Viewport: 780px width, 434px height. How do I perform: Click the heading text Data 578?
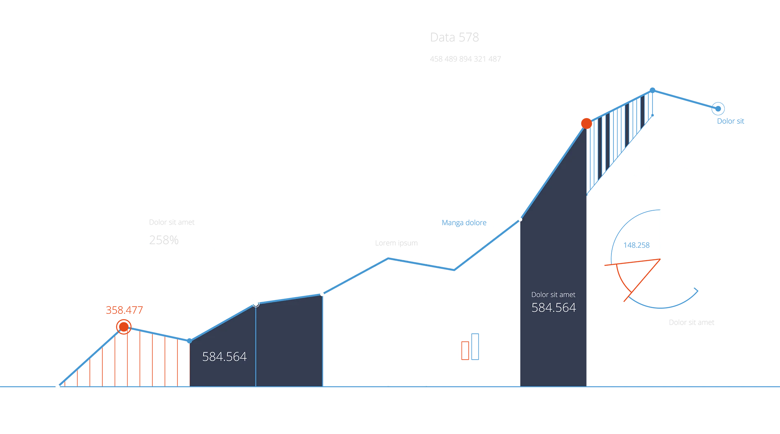pyautogui.click(x=454, y=37)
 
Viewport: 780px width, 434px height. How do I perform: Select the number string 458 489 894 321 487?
pyautogui.click(x=465, y=59)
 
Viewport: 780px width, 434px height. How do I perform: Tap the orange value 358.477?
pyautogui.click(x=124, y=310)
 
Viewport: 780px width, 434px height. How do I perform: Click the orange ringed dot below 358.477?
pyautogui.click(x=124, y=327)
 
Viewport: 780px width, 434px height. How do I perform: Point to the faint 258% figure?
pyautogui.click(x=164, y=240)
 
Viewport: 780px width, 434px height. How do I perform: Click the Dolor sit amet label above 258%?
pyautogui.click(x=172, y=222)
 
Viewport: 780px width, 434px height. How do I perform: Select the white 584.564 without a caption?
pyautogui.click(x=224, y=356)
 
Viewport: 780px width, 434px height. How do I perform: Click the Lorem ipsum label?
pyautogui.click(x=396, y=243)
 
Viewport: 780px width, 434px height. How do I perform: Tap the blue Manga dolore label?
pyautogui.click(x=464, y=223)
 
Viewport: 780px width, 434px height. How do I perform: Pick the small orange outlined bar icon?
pyautogui.click(x=465, y=350)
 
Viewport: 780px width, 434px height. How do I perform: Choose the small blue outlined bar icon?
pyautogui.click(x=475, y=346)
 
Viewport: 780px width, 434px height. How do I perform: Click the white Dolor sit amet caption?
pyautogui.click(x=553, y=295)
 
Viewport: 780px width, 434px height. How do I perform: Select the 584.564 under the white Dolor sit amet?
pyautogui.click(x=554, y=308)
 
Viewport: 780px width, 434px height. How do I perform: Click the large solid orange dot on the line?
pyautogui.click(x=586, y=123)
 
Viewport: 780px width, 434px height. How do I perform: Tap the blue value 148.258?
pyautogui.click(x=637, y=245)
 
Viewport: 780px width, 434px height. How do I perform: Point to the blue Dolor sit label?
pyautogui.click(x=730, y=121)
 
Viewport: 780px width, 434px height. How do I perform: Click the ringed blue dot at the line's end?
pyautogui.click(x=718, y=109)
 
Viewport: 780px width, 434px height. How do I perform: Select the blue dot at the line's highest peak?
pyautogui.click(x=652, y=90)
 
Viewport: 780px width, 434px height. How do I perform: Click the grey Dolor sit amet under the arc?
pyautogui.click(x=691, y=322)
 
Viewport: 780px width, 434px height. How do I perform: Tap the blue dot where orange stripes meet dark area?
pyautogui.click(x=189, y=341)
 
